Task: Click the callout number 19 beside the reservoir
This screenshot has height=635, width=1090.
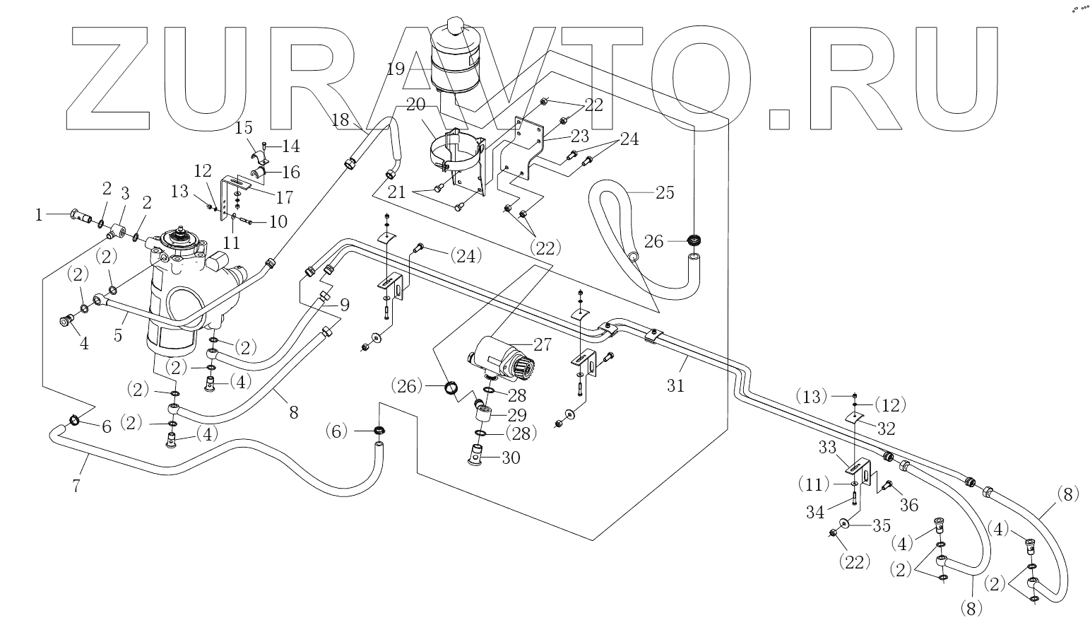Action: click(396, 69)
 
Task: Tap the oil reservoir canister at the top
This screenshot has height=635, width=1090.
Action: click(456, 55)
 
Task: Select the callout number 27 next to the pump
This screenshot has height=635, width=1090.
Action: click(543, 345)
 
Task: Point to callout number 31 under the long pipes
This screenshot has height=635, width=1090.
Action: click(675, 386)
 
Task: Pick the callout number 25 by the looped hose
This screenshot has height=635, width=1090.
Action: click(665, 193)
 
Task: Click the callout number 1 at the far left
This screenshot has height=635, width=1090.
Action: click(39, 215)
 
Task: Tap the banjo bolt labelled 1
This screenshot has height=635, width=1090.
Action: click(81, 215)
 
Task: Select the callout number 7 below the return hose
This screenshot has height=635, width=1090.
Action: click(76, 486)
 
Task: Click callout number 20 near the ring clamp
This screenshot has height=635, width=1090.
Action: click(415, 105)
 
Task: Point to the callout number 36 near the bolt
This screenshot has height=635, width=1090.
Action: click(908, 505)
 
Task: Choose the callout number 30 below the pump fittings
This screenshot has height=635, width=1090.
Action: click(511, 458)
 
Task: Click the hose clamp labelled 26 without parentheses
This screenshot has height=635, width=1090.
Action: click(696, 240)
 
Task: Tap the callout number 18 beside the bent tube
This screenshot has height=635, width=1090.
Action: click(340, 120)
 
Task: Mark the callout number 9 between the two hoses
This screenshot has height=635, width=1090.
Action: click(345, 305)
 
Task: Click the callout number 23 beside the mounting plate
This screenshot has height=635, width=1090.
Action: click(579, 136)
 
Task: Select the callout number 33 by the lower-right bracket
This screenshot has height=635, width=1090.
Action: click(827, 447)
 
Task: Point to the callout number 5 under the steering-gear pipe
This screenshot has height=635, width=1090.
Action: click(118, 335)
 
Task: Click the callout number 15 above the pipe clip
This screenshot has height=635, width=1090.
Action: click(244, 128)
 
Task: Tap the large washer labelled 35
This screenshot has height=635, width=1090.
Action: click(846, 523)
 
